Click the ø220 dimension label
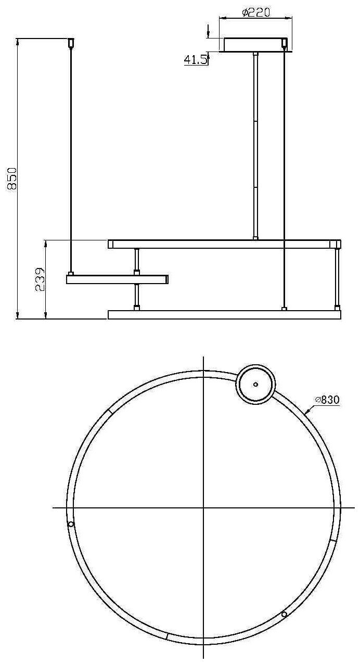click(x=256, y=12)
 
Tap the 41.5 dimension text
click(x=195, y=59)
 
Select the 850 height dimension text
click(x=12, y=178)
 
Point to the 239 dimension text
click(x=40, y=279)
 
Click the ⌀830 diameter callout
click(x=327, y=400)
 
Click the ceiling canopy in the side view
click(x=255, y=44)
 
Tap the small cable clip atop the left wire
click(x=71, y=43)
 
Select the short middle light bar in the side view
click(x=118, y=279)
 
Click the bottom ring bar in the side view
click(x=224, y=314)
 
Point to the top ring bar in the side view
click(x=224, y=244)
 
